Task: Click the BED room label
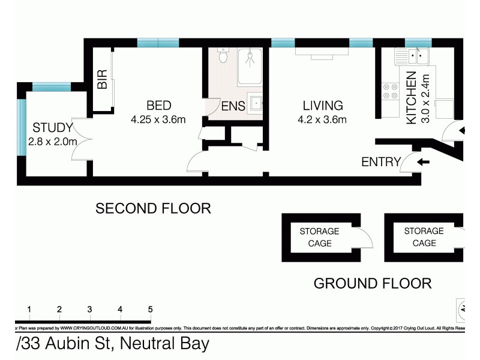pyautogui.click(x=158, y=106)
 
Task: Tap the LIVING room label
pyautogui.click(x=322, y=106)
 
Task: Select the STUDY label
pyautogui.click(x=53, y=128)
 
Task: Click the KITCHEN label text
pyautogui.click(x=412, y=98)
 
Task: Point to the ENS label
pyautogui.click(x=233, y=107)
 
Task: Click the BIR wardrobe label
pyautogui.click(x=102, y=79)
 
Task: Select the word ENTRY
pyautogui.click(x=380, y=161)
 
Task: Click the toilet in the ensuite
pyautogui.click(x=223, y=56)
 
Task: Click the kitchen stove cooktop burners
pyautogui.click(x=391, y=91)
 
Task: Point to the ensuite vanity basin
pyautogui.click(x=255, y=103)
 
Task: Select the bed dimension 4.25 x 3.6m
pyautogui.click(x=158, y=119)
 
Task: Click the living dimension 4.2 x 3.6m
pyautogui.click(x=322, y=119)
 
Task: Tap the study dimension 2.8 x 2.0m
pyautogui.click(x=53, y=142)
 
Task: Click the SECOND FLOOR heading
pyautogui.click(x=154, y=208)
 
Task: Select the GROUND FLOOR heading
pyautogui.click(x=373, y=283)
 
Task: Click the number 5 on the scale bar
pyautogui.click(x=150, y=309)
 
